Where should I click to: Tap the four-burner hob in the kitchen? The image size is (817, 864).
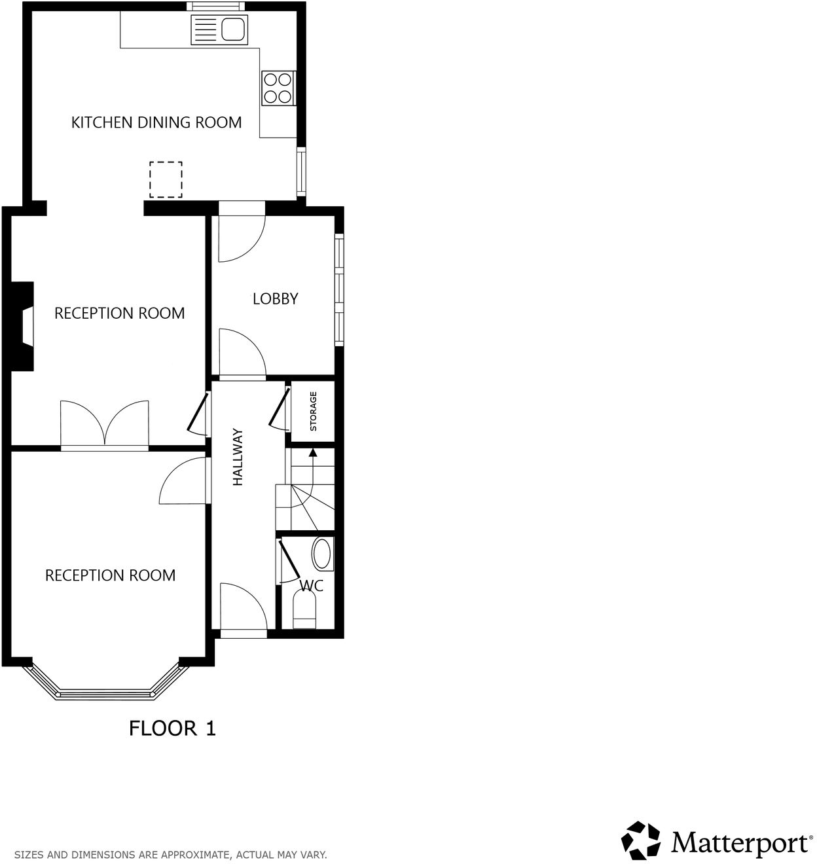click(278, 88)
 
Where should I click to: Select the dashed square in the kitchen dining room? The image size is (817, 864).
click(166, 179)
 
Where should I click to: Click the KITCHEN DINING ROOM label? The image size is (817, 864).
click(156, 122)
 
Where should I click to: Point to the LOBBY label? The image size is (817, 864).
click(275, 298)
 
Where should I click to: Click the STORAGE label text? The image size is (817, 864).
click(313, 411)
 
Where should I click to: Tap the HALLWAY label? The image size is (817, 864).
click(238, 457)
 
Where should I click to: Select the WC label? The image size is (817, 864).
click(311, 585)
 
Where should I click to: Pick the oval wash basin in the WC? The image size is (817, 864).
click(321, 553)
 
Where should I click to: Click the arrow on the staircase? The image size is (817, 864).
click(313, 452)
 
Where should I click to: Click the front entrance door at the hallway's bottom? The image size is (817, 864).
click(243, 609)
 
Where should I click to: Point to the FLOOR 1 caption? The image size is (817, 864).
click(172, 728)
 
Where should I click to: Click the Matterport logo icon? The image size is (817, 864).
click(642, 840)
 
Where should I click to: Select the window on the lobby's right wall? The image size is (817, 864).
click(338, 289)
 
